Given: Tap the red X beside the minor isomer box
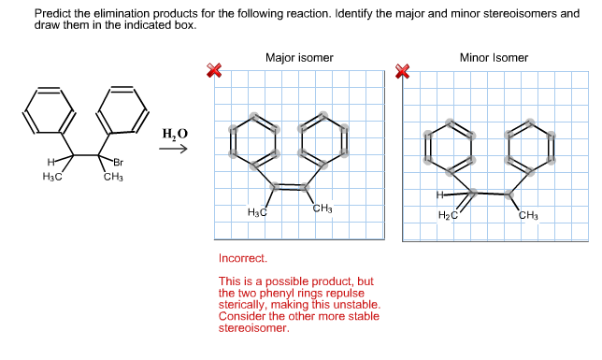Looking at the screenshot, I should pyautogui.click(x=404, y=70).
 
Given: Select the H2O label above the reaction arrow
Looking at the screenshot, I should pyautogui.click(x=175, y=134).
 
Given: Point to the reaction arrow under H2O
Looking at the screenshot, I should pyautogui.click(x=174, y=150).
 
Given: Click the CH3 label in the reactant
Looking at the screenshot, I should pyautogui.click(x=113, y=177).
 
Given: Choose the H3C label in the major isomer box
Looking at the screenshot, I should pyautogui.click(x=257, y=214).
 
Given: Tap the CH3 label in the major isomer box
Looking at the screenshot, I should pyautogui.click(x=322, y=208).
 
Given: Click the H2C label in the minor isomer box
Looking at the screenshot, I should pyautogui.click(x=449, y=216).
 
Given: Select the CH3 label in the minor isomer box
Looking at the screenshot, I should pyautogui.click(x=527, y=216).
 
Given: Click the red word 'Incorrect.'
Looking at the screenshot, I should pyautogui.click(x=242, y=257).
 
